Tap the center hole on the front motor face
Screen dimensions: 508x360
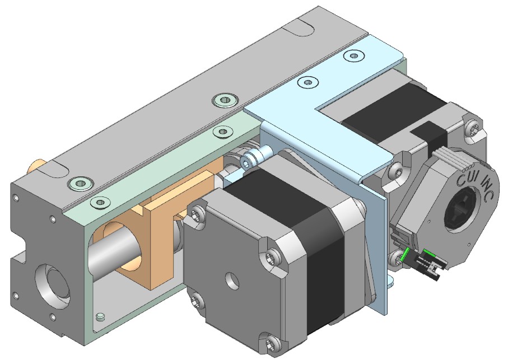click(x=233, y=280)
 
